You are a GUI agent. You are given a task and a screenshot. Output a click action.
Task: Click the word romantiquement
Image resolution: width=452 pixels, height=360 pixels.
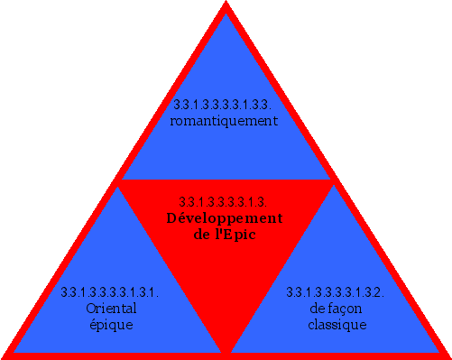click(224, 120)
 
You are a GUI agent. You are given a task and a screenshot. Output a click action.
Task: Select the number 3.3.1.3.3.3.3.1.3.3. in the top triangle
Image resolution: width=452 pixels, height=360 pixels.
click(224, 105)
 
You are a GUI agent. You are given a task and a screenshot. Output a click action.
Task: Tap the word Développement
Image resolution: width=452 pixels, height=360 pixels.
click(226, 218)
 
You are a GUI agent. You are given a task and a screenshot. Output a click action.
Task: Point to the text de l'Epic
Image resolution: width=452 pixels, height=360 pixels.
click(226, 235)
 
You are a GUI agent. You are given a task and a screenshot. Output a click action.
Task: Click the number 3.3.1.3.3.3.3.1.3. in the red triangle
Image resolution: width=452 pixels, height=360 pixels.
click(226, 202)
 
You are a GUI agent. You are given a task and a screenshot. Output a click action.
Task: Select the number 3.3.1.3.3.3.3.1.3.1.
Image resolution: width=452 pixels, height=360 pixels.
click(110, 293)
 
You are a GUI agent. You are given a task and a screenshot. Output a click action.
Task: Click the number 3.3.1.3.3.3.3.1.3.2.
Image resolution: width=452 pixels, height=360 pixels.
click(336, 293)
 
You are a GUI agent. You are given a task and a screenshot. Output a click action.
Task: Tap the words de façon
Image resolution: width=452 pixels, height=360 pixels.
click(336, 309)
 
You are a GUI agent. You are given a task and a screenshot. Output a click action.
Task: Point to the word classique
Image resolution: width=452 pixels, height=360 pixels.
click(336, 325)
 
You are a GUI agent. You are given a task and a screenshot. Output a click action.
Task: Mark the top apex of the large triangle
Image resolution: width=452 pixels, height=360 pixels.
click(226, 5)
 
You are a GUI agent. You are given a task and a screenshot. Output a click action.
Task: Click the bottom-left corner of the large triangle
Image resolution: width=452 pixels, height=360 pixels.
click(5, 354)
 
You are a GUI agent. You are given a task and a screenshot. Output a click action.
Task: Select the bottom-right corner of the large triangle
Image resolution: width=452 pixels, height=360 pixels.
click(447, 354)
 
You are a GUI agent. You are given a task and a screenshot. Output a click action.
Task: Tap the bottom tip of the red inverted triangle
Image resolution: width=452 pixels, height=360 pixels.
click(226, 350)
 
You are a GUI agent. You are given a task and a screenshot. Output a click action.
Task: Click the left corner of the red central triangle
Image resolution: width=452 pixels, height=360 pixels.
click(120, 181)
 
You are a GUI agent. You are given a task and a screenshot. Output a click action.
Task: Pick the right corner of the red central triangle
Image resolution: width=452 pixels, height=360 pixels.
click(332, 181)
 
